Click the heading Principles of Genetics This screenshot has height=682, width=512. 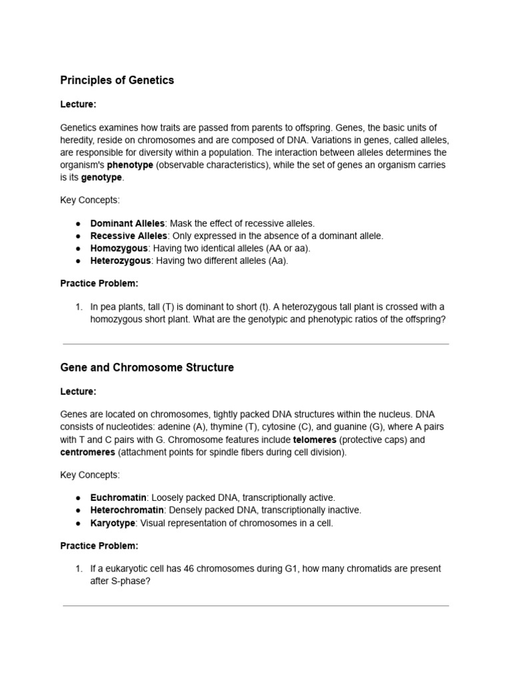pos(117,80)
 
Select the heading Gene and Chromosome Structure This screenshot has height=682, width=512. pos(147,368)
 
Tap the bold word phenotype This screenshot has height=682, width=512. pos(130,165)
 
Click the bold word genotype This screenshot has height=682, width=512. pos(101,178)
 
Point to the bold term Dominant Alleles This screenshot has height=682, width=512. pos(127,223)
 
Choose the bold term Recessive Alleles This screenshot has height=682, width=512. pos(129,236)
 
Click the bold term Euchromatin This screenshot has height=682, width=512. pos(118,498)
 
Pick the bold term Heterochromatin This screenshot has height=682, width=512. pos(127,510)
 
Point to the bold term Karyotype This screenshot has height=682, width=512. pos(115,523)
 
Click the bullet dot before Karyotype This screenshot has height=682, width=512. pos(78,523)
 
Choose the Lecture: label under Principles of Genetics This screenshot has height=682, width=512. pos(78,105)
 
